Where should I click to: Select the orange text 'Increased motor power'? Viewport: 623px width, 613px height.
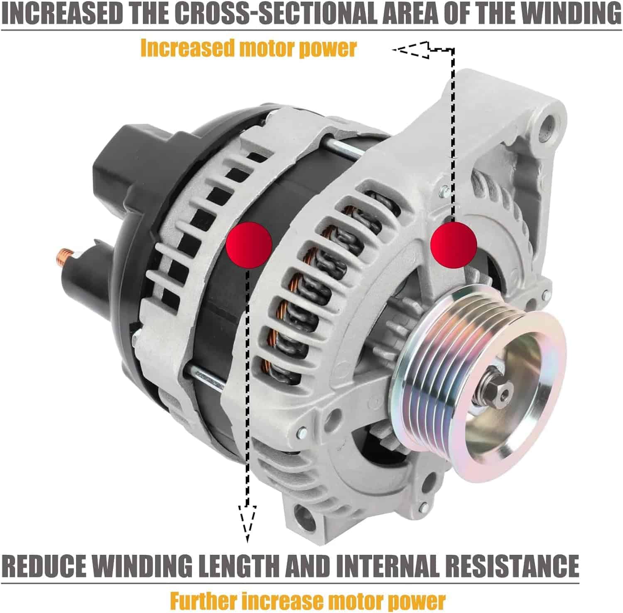[x=248, y=48]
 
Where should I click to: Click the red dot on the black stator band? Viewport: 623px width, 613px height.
[x=249, y=244]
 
